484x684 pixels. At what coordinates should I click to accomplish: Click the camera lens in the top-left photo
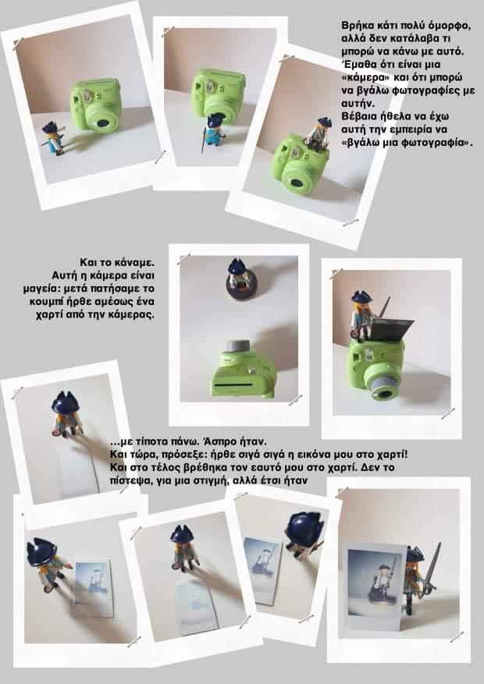click(x=103, y=123)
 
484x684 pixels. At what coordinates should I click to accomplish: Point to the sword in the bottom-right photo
click(x=431, y=572)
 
